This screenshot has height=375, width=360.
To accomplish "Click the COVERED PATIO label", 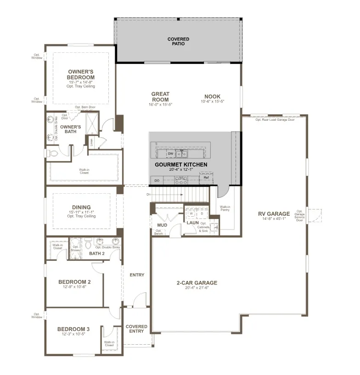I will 178,42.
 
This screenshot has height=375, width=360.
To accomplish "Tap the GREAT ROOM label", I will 160,96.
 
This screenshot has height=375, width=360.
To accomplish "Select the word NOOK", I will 212,97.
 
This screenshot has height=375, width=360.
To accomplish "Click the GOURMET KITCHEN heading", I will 180,164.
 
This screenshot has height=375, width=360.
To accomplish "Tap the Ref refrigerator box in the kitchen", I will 206,178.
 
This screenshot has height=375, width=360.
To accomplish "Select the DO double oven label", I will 157,180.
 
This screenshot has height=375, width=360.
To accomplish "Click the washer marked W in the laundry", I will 191,214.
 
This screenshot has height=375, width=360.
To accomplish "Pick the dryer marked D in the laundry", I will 201,214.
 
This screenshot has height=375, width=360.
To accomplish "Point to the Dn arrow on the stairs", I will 149,194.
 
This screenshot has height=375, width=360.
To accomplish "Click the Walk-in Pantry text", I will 225,209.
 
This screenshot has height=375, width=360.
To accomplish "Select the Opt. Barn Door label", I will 85,107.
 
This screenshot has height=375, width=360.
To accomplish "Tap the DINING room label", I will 81,207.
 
